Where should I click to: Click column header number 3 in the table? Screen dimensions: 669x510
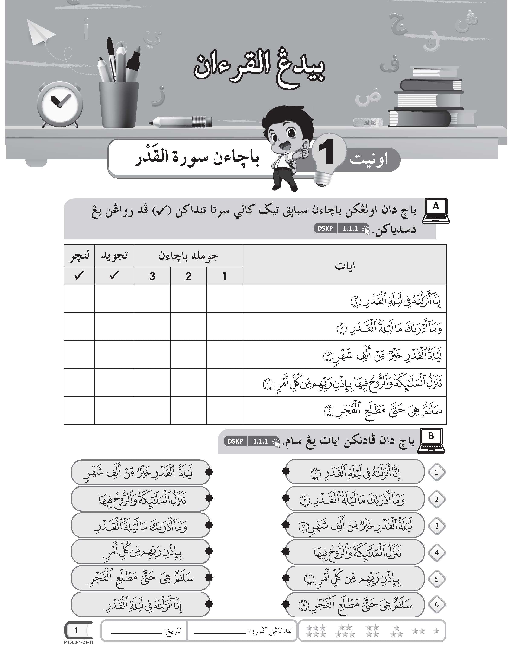tap(152, 276)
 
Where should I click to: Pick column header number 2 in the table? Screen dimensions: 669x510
tap(188, 276)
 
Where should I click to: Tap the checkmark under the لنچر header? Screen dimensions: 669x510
tap(79, 276)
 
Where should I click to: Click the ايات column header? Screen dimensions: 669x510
tap(345, 266)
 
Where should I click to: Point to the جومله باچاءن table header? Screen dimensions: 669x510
tap(188, 256)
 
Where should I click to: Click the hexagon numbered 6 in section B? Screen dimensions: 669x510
tap(436, 604)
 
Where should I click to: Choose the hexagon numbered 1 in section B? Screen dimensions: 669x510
tap(436, 472)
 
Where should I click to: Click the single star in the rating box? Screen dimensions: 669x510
tap(436, 631)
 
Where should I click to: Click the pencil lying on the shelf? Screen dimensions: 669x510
tap(181, 122)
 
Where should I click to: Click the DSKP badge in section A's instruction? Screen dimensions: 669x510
tap(325, 228)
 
